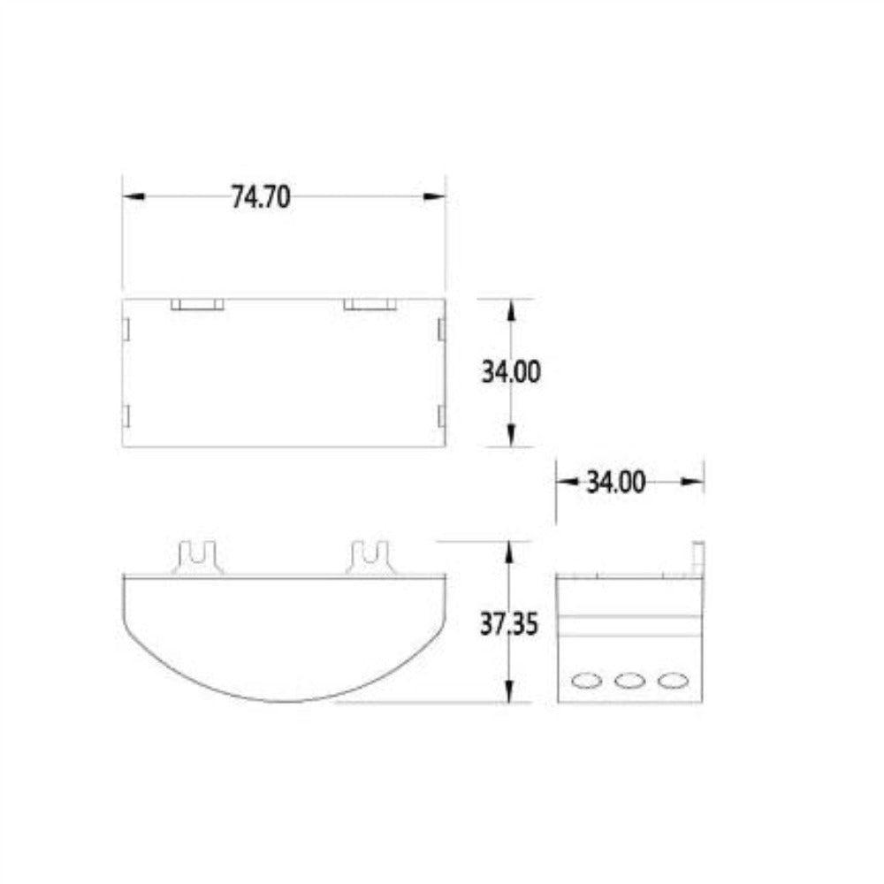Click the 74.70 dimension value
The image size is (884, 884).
point(261,196)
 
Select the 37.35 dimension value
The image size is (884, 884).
point(510,624)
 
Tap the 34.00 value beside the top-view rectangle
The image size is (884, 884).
point(511,372)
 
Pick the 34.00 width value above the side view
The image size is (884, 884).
point(615,483)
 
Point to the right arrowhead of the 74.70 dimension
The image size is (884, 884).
point(434,196)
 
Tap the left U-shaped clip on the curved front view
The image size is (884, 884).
point(198,558)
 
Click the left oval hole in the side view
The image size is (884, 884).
point(585,680)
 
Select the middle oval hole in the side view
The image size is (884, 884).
point(629,680)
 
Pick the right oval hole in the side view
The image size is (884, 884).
point(673,680)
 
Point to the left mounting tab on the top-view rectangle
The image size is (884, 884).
point(197,305)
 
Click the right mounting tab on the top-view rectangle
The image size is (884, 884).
point(370,305)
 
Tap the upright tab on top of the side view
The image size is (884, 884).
point(697,556)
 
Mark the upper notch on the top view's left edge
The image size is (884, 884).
point(126,329)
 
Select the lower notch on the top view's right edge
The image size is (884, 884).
point(440,415)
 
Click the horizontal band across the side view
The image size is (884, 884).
point(630,625)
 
